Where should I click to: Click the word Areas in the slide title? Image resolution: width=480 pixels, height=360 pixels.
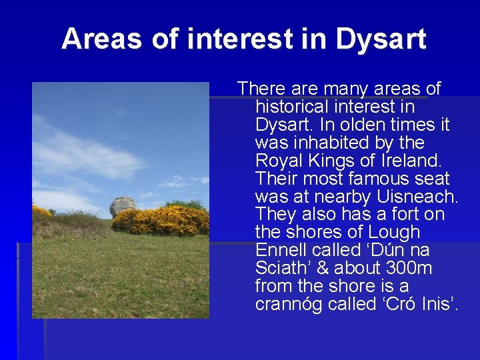click(102, 39)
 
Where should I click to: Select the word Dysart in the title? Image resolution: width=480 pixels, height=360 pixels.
click(381, 39)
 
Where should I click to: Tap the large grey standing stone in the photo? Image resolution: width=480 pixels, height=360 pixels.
click(123, 206)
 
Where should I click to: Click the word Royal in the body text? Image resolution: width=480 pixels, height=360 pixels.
click(275, 161)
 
